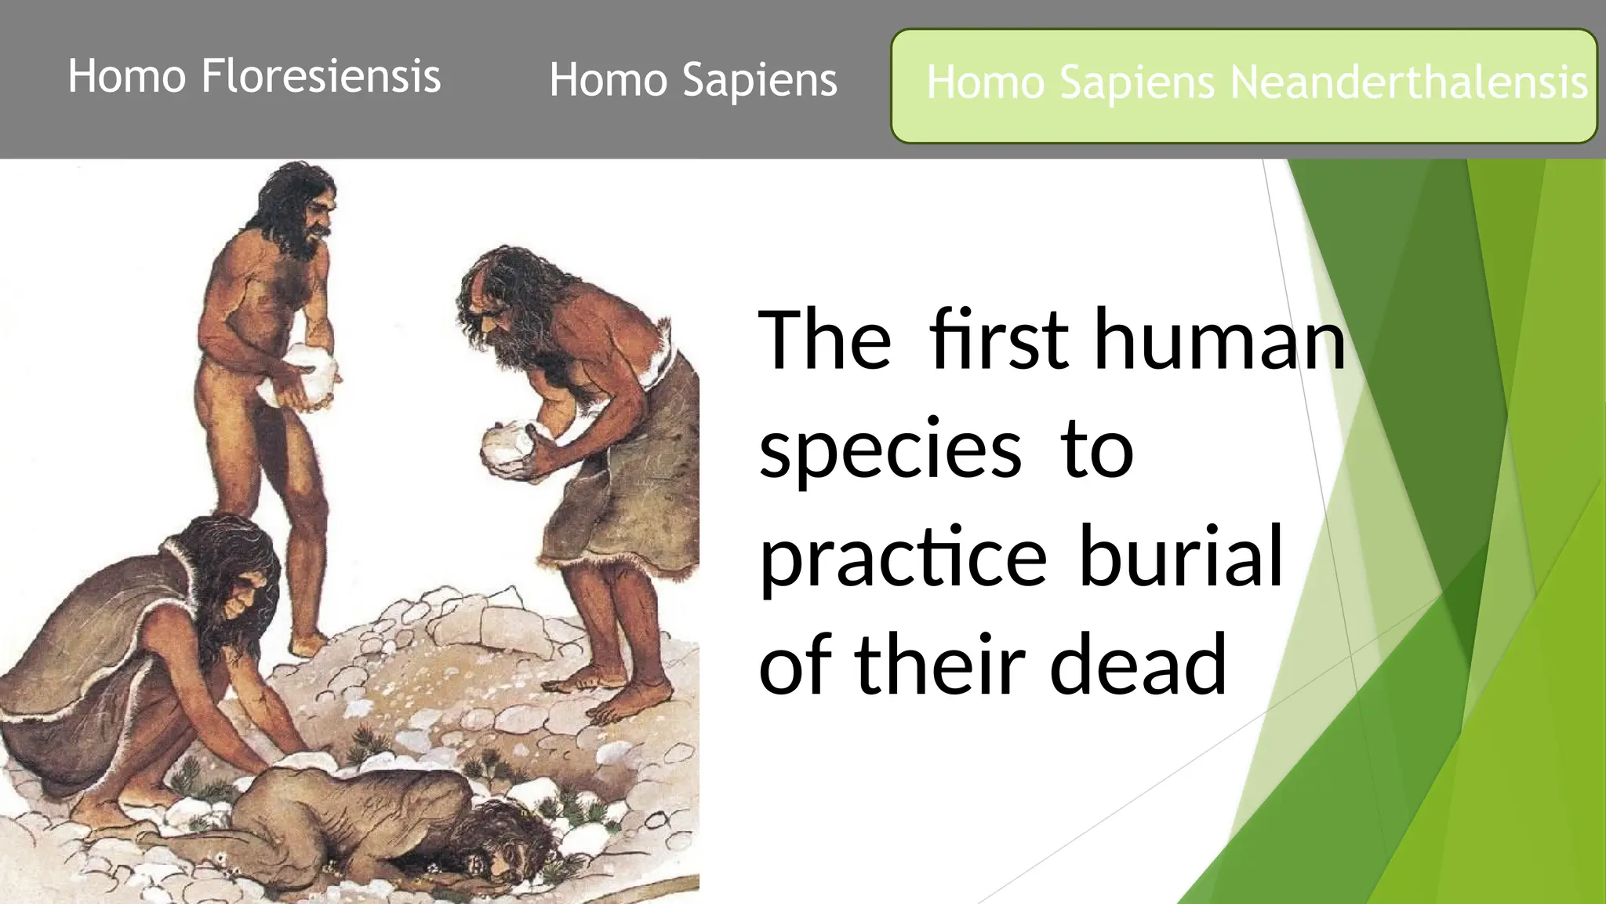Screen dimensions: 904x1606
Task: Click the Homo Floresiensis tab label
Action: pyautogui.click(x=254, y=77)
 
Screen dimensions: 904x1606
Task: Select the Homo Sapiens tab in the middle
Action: pyautogui.click(x=693, y=80)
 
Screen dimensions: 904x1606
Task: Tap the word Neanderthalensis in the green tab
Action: pyautogui.click(x=1408, y=82)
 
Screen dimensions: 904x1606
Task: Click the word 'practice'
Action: pyautogui.click(x=903, y=558)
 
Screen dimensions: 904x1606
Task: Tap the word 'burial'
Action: pyautogui.click(x=1181, y=556)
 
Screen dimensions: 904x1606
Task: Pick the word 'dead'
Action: pyautogui.click(x=1138, y=665)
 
